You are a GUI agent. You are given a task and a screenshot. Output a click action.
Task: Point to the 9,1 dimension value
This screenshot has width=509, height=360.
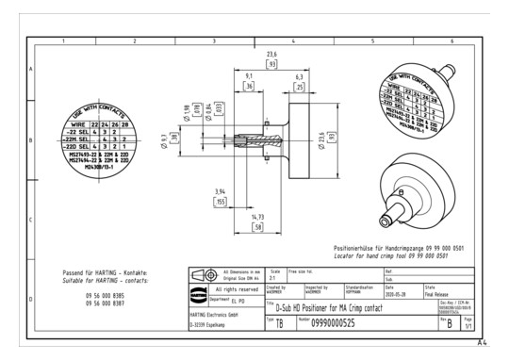[248, 75]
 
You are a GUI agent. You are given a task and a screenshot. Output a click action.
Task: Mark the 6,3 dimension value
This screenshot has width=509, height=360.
[299, 75]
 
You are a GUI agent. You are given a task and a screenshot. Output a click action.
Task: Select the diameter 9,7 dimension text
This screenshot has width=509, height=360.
[162, 139]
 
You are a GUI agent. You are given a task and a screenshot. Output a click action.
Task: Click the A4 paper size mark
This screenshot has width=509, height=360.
[482, 344]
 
